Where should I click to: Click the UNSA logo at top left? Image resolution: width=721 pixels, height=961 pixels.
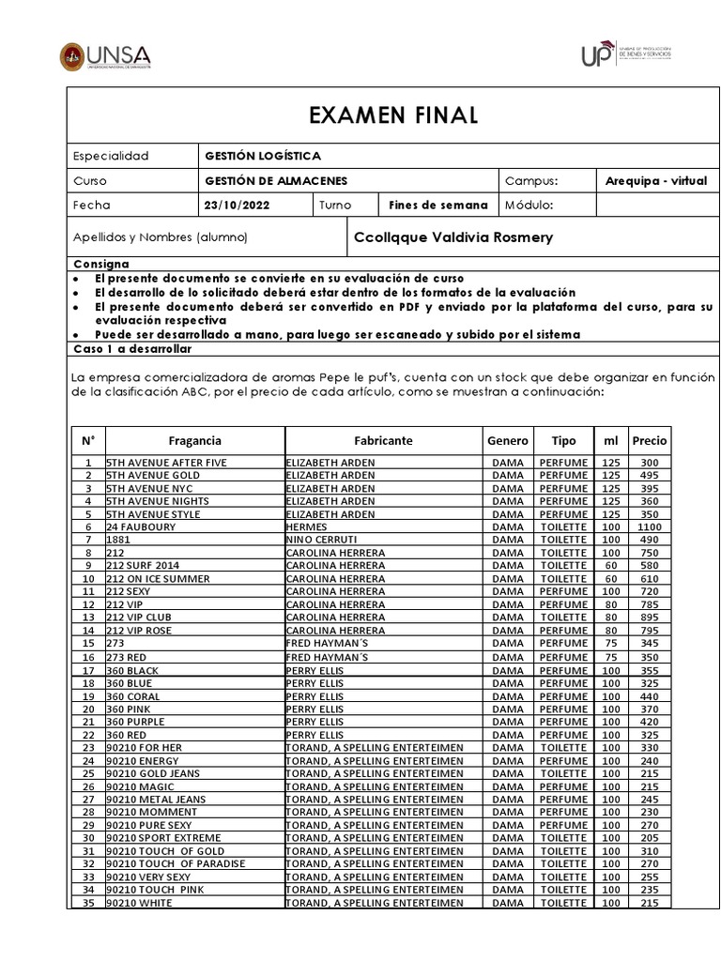[104, 56]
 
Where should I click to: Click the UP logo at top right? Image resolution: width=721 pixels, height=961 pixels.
[625, 54]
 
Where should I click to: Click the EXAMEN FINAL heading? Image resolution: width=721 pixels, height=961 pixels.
[392, 115]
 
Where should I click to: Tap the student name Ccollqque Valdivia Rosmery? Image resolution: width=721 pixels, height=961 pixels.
[453, 237]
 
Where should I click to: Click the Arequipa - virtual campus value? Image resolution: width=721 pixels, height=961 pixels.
[656, 180]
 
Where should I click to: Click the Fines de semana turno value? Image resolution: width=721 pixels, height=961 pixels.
[438, 205]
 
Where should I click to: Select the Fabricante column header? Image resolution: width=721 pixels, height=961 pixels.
[383, 440]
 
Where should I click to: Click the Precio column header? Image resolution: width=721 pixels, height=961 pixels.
[650, 440]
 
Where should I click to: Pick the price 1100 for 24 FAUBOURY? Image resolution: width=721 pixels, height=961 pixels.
[650, 527]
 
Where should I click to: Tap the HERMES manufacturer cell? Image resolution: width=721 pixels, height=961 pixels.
[306, 527]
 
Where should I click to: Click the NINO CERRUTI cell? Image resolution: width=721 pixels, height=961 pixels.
[319, 540]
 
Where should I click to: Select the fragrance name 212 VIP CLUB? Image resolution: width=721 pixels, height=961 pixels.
[139, 618]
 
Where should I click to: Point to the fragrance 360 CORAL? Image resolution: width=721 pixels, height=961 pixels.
[136, 696]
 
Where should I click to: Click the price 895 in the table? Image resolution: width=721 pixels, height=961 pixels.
[650, 618]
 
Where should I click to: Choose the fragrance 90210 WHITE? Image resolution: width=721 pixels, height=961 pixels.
[139, 903]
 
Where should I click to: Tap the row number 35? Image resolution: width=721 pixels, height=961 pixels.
[88, 903]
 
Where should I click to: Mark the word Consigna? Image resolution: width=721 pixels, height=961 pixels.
[101, 265]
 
